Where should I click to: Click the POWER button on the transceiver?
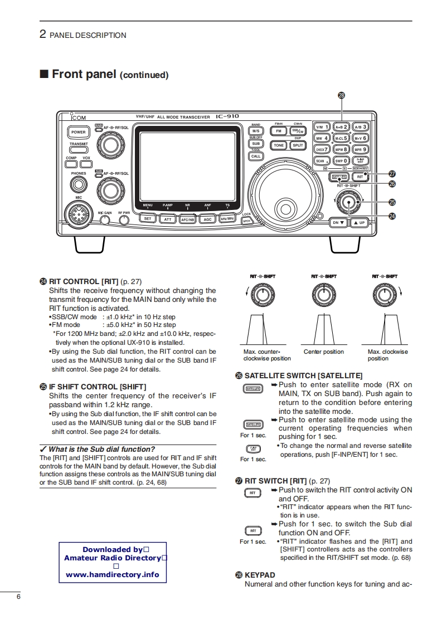[78, 133]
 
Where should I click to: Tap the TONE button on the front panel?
[279, 145]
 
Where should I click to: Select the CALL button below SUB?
[256, 157]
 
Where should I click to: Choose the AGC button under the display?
[207, 219]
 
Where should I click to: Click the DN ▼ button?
[339, 222]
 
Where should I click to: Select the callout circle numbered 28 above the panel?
[342, 95]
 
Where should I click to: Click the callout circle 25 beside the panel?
[392, 202]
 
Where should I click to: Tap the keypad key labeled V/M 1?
[322, 127]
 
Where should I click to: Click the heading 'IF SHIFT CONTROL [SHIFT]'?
[98, 387]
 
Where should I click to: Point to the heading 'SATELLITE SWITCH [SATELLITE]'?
[303, 376]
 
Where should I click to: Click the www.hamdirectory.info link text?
[113, 575]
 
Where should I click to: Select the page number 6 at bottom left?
[19, 597]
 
